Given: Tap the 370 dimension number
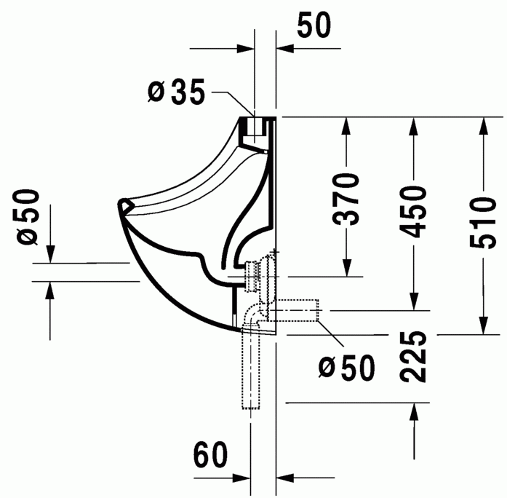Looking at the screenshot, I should [348, 199].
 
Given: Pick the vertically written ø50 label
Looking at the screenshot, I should [28, 216].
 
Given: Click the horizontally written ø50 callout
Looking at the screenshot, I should [347, 368].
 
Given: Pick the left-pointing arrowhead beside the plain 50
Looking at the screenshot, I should [285, 50].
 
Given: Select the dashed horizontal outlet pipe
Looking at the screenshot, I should [298, 311].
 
